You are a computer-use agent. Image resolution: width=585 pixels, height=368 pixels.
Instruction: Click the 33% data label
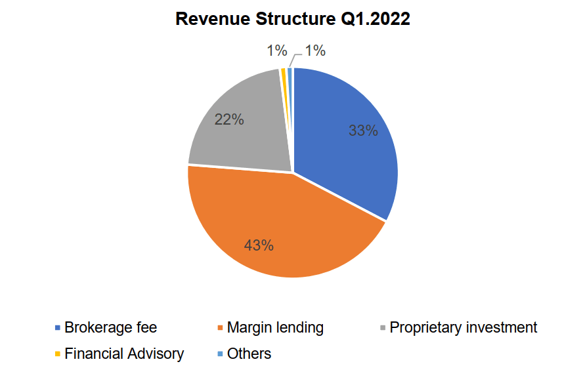click(363, 131)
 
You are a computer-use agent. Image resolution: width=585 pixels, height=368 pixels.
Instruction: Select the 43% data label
click(259, 245)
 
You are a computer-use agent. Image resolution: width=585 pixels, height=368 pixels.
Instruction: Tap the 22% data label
click(229, 119)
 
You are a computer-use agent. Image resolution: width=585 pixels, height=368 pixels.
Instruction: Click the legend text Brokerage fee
click(110, 327)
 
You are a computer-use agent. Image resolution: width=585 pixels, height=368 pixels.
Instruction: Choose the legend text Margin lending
click(275, 327)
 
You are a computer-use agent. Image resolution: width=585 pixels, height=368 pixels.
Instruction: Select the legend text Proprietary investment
click(464, 327)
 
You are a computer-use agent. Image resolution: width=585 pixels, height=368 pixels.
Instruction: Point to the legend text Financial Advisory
click(124, 354)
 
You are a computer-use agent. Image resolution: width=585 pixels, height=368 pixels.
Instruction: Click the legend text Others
click(249, 354)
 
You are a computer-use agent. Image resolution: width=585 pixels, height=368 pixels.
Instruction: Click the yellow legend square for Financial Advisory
click(58, 354)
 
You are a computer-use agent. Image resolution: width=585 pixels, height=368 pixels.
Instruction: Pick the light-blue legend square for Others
click(221, 354)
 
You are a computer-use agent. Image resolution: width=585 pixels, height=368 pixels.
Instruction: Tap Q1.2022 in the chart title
click(375, 20)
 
